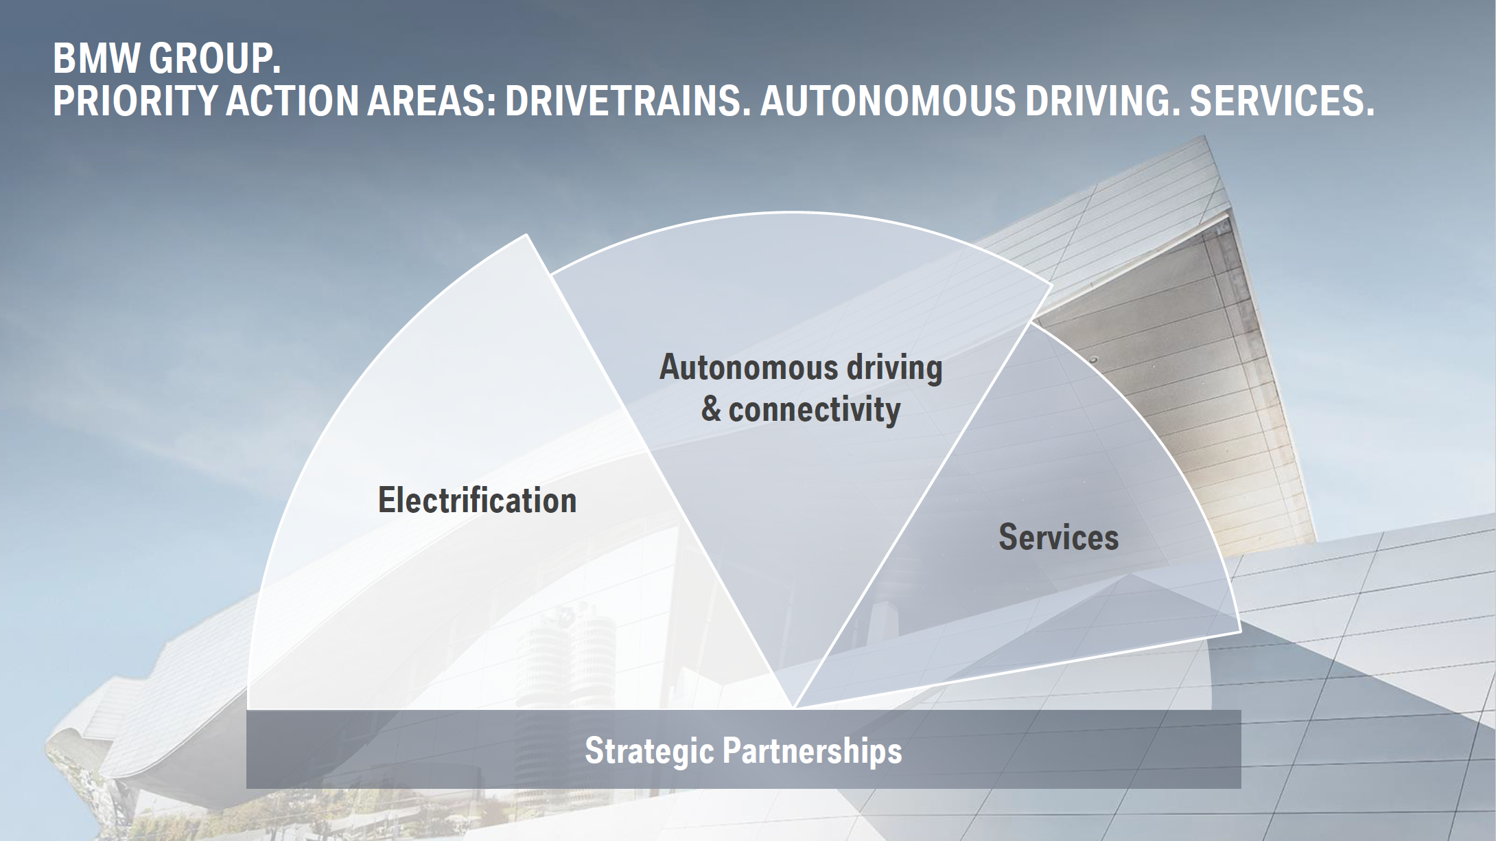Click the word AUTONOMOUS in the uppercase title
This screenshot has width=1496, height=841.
click(x=887, y=102)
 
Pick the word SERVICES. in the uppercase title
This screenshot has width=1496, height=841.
click(x=1282, y=102)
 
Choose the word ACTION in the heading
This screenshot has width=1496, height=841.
click(x=292, y=102)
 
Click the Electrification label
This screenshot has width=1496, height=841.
click(x=477, y=500)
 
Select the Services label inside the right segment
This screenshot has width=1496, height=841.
click(x=1058, y=537)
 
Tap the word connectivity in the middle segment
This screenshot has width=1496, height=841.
click(x=814, y=410)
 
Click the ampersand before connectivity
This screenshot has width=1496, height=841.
click(x=711, y=410)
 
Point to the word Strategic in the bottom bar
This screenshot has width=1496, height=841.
click(x=649, y=750)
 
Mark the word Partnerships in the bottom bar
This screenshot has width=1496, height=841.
click(x=813, y=750)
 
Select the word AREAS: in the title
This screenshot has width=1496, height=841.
click(x=431, y=102)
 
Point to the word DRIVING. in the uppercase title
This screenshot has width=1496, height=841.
click(x=1102, y=102)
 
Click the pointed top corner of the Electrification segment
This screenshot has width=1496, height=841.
click(x=526, y=235)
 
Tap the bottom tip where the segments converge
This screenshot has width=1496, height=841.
click(x=793, y=708)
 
